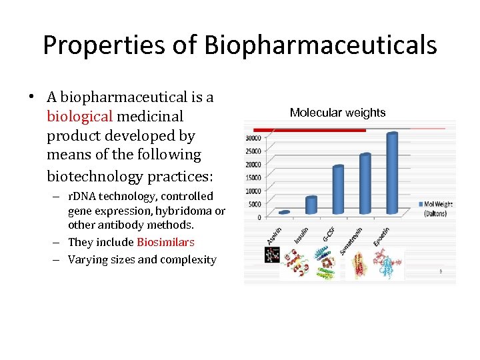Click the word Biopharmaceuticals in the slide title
(x=321, y=45)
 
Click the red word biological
(x=79, y=117)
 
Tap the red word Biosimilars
(x=165, y=242)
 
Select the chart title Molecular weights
(x=337, y=113)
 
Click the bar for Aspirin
(x=284, y=213)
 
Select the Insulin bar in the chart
(x=311, y=205)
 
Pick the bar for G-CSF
(x=338, y=190)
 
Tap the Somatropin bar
(x=365, y=183)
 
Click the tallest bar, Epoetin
(x=392, y=173)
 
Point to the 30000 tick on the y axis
(x=253, y=138)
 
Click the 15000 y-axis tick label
(x=253, y=177)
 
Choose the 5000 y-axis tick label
(x=255, y=204)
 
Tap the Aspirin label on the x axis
(x=274, y=235)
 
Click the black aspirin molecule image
(x=271, y=255)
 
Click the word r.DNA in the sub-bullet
(x=83, y=196)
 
